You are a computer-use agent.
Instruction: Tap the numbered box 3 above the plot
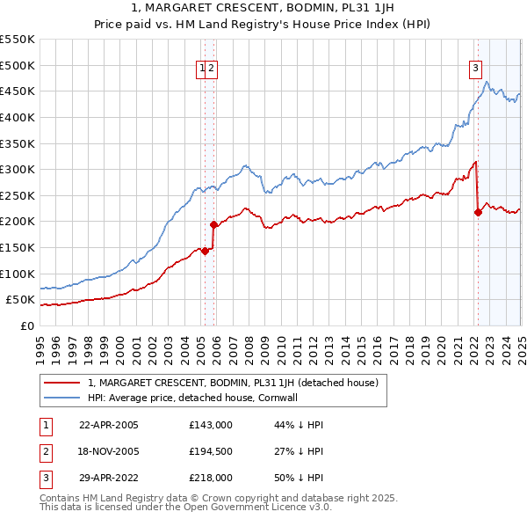click(x=475, y=69)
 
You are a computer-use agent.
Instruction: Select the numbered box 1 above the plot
click(x=202, y=69)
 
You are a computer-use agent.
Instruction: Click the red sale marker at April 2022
click(x=478, y=212)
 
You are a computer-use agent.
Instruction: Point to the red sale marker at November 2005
click(x=213, y=224)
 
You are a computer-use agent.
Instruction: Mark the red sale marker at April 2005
click(x=205, y=251)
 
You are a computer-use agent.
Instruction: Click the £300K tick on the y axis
click(x=19, y=169)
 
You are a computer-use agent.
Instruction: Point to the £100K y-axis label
click(x=19, y=274)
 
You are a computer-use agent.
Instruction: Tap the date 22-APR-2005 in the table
click(x=109, y=425)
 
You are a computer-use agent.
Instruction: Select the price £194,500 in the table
click(x=211, y=451)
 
